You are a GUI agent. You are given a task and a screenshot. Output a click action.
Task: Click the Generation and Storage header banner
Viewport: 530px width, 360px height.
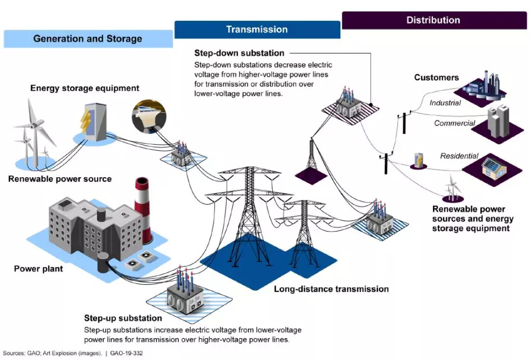87,39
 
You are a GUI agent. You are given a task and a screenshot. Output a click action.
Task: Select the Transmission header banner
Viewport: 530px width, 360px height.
257,29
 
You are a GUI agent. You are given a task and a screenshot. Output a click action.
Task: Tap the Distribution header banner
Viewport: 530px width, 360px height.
433,20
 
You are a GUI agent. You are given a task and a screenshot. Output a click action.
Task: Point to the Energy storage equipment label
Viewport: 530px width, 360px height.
85,88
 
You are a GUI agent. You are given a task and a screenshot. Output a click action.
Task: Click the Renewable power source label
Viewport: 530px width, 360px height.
60,179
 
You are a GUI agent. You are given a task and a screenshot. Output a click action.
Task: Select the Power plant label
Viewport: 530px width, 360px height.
38,269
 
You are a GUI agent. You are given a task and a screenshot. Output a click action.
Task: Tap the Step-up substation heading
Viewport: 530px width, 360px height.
123,319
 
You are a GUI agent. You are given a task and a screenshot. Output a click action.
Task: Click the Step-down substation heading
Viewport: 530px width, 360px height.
239,53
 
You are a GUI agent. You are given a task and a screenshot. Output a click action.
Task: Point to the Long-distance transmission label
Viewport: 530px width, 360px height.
331,289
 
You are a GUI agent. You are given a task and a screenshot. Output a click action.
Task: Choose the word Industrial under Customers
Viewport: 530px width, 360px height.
445,103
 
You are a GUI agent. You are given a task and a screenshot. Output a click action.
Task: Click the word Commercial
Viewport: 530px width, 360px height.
454,123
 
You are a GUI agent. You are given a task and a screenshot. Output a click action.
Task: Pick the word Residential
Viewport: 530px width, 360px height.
459,156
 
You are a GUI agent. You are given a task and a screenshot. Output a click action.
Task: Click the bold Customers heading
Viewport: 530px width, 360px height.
436,77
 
